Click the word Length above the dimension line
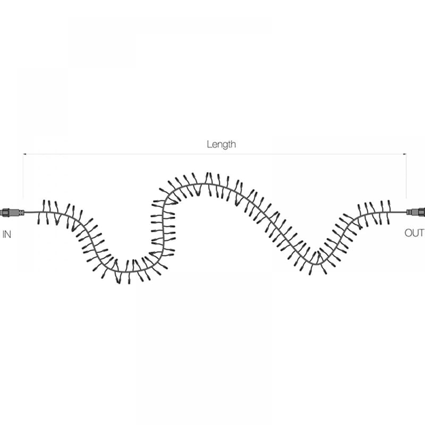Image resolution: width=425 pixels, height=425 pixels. pyautogui.click(x=221, y=144)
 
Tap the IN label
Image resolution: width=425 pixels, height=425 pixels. pyautogui.click(x=7, y=234)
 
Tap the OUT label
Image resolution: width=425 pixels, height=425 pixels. pyautogui.click(x=414, y=233)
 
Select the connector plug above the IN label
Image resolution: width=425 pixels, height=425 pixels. pyautogui.click(x=12, y=212)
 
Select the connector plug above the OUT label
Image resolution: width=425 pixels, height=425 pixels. pyautogui.click(x=415, y=211)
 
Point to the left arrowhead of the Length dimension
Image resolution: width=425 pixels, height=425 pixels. pyautogui.click(x=24, y=154)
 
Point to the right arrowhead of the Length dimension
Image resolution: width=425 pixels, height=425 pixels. pyautogui.click(x=405, y=154)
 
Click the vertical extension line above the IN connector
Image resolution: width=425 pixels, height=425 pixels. pyautogui.click(x=23, y=176)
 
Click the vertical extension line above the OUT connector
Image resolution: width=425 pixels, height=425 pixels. pyautogui.click(x=406, y=176)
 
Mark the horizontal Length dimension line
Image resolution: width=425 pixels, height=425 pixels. pyautogui.click(x=215, y=154)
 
